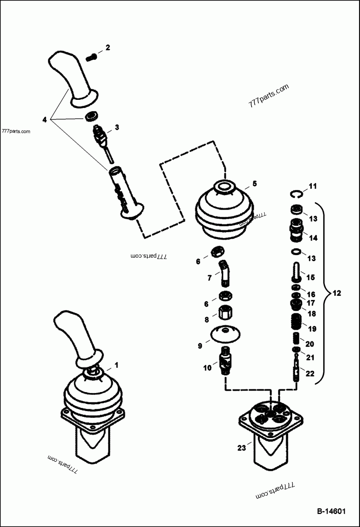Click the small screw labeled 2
pos(90,57)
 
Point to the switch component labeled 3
pos(100,134)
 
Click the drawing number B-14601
pos(331,511)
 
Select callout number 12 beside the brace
pos(337,294)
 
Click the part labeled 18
pos(295,306)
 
